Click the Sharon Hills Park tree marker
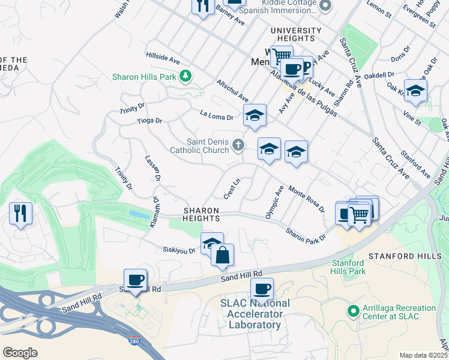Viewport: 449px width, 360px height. point(186,76)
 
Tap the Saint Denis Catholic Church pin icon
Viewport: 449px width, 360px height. point(238,145)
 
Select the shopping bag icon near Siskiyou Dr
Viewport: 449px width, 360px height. point(222,254)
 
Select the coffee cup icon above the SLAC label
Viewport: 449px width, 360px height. point(262,289)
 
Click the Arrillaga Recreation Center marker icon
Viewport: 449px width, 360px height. point(353,312)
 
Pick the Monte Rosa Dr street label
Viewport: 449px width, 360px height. point(306,199)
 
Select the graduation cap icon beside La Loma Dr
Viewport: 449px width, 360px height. point(255,115)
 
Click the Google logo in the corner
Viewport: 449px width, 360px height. point(20,352)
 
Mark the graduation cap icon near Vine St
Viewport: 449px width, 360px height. point(415,90)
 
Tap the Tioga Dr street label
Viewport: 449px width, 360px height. point(149,121)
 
